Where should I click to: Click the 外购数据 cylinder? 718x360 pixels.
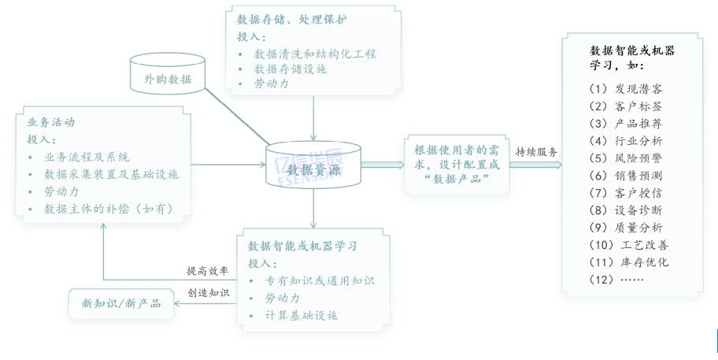pyautogui.click(x=167, y=78)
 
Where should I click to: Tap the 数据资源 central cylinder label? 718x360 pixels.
pyautogui.click(x=313, y=169)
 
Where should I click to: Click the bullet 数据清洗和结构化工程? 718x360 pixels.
pyautogui.click(x=315, y=54)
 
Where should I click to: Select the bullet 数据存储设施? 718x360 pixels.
pyautogui.click(x=290, y=69)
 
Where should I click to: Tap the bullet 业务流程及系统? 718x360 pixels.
pyautogui.click(x=87, y=156)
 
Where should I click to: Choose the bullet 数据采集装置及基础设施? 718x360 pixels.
pyautogui.click(x=111, y=173)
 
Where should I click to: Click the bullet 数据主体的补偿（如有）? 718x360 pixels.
pyautogui.click(x=108, y=208)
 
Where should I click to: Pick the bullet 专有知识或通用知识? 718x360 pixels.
pyautogui.click(x=314, y=280)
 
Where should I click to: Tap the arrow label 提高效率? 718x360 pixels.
pyautogui.click(x=207, y=271)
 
